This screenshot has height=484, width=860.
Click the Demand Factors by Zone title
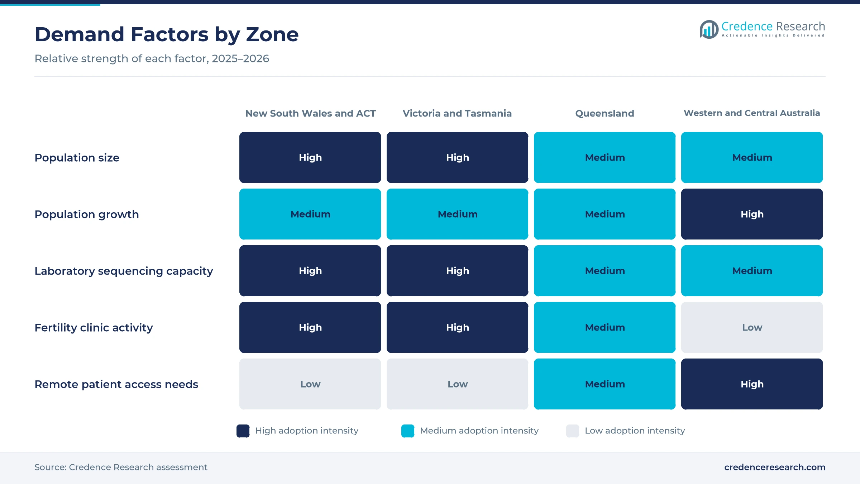click(x=167, y=34)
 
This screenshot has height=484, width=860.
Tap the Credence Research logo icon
click(x=709, y=29)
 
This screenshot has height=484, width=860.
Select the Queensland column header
click(x=605, y=113)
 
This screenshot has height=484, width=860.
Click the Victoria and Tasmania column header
click(x=457, y=113)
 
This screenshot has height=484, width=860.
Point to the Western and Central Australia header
click(x=752, y=113)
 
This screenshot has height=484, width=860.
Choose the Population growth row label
click(x=87, y=214)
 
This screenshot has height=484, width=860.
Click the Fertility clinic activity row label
click(x=94, y=328)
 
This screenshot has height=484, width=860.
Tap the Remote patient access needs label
click(x=116, y=384)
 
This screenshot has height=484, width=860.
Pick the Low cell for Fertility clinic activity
click(x=752, y=327)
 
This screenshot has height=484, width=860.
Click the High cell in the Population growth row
click(x=752, y=214)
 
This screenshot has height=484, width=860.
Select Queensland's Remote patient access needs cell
click(x=605, y=384)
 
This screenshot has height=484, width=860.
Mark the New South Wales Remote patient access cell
click(x=310, y=384)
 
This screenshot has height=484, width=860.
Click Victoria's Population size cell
click(x=457, y=157)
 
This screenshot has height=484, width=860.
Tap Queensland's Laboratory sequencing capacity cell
click(x=605, y=271)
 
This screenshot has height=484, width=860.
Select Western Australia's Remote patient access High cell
click(x=752, y=384)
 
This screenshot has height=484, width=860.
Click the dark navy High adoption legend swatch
click(x=243, y=431)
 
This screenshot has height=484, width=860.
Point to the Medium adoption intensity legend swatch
click(x=408, y=431)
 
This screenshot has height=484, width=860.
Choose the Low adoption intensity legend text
click(x=635, y=431)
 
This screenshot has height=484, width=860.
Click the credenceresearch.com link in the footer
click(x=775, y=467)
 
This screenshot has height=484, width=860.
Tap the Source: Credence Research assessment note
click(x=121, y=467)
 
